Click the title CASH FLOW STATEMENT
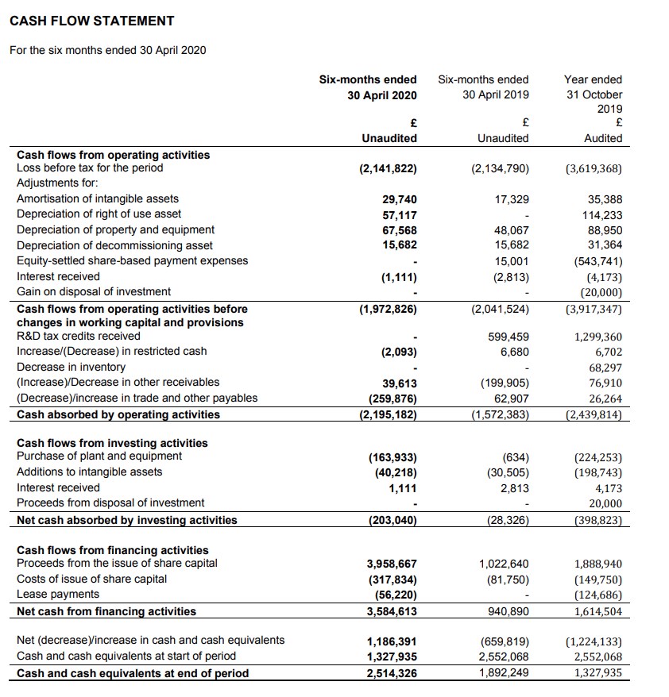click(91, 21)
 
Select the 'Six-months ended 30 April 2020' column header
click(368, 87)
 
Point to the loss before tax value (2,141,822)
click(389, 168)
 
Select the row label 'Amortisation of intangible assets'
click(98, 198)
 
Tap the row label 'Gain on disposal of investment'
click(94, 291)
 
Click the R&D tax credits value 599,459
click(509, 337)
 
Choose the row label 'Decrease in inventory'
click(71, 367)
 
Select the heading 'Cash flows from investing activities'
click(112, 443)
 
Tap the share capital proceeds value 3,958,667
click(392, 564)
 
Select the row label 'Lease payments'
click(58, 594)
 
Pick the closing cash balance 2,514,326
click(392, 674)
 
